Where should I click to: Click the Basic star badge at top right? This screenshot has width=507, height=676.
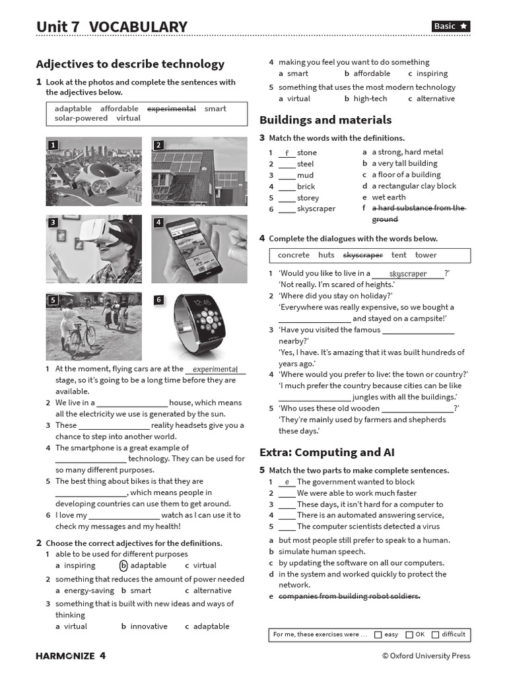click(451, 26)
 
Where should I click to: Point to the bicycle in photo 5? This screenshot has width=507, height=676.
click(77, 334)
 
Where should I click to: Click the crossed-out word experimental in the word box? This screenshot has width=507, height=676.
click(171, 109)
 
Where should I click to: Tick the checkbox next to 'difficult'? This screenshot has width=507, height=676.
click(435, 634)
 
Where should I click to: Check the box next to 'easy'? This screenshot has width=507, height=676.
click(378, 634)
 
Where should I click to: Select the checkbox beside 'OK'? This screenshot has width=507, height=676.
click(409, 634)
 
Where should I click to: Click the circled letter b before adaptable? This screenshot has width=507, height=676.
click(123, 566)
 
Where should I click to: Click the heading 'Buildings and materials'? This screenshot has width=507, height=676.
click(325, 120)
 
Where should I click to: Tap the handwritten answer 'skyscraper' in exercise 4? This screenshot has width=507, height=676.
click(407, 273)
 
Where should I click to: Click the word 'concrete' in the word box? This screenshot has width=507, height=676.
click(293, 255)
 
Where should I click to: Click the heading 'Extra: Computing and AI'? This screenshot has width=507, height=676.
click(327, 453)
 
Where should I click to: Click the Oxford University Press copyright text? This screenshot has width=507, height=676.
click(426, 656)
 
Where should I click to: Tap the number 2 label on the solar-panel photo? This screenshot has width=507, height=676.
click(158, 145)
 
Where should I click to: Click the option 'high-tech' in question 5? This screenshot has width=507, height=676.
click(370, 98)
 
